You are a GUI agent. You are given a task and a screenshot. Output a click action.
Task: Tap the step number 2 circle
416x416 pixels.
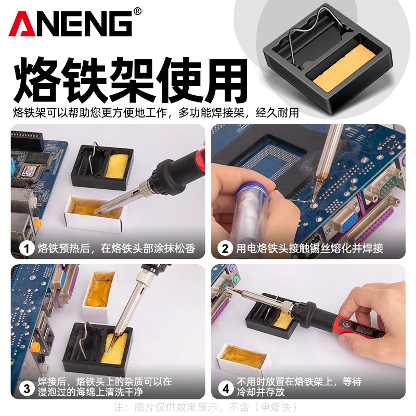pos(225,249)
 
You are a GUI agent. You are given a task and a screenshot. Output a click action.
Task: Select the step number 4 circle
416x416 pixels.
pos(225,387)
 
